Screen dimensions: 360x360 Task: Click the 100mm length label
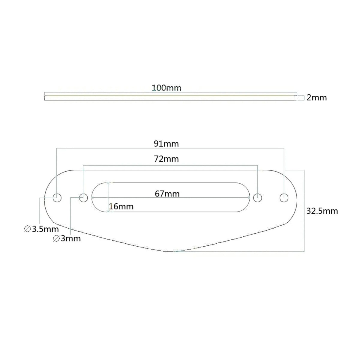pos(166,88)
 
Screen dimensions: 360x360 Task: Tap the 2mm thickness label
pos(316,97)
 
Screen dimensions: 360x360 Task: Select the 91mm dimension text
pos(166,144)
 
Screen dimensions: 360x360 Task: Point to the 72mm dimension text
pos(166,159)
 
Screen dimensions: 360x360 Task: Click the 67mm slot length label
pos(167,194)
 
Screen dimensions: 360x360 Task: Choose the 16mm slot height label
pos(121,206)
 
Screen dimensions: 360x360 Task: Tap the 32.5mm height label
pos(322,211)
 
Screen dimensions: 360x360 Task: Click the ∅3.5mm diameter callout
pos(41,229)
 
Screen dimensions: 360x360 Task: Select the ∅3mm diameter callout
pos(67,239)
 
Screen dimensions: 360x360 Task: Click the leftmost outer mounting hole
pos(57,198)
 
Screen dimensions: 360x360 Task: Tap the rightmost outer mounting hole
pos(284,198)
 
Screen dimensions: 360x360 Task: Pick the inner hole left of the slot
pos(83,198)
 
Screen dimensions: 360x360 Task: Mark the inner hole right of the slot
pos(257,198)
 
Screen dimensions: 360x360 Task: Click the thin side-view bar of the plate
pos(170,98)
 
